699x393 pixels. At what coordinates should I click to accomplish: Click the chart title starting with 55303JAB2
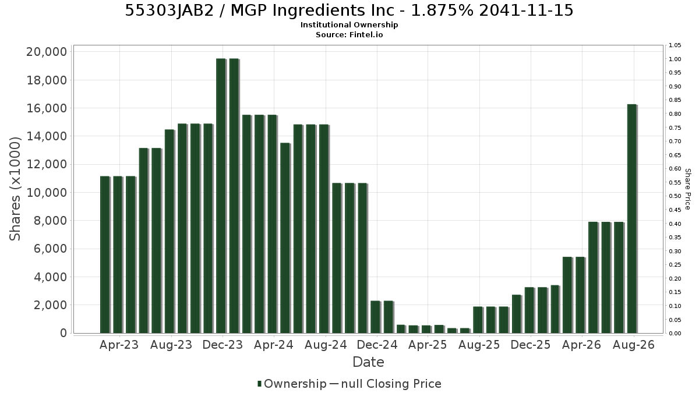click(x=349, y=10)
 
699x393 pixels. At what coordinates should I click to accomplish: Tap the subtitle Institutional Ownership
click(x=349, y=25)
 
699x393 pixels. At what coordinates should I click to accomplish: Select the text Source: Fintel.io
click(x=349, y=34)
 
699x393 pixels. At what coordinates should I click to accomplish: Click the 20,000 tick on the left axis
click(x=47, y=52)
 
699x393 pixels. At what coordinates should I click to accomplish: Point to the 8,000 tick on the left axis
click(x=50, y=221)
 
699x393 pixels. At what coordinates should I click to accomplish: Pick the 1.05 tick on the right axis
click(x=675, y=45)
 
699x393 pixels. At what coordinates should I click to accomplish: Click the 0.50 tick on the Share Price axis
click(x=675, y=196)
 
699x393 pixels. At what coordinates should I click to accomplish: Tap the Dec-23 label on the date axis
click(x=223, y=345)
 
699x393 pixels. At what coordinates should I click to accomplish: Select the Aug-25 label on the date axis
click(x=479, y=345)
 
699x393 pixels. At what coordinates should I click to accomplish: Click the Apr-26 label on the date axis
click(x=581, y=345)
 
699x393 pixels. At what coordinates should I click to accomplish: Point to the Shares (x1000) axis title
click(x=15, y=189)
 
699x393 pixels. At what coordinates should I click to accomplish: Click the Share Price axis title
click(x=687, y=189)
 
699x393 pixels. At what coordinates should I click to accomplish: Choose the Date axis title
click(x=368, y=362)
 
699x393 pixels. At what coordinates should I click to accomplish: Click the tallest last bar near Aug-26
click(x=632, y=219)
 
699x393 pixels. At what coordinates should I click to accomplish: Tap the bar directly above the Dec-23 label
click(x=221, y=196)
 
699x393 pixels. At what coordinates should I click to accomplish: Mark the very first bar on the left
click(x=105, y=255)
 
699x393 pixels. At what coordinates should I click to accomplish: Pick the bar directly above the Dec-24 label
click(x=376, y=317)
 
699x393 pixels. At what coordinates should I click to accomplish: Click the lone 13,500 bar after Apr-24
click(x=285, y=238)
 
